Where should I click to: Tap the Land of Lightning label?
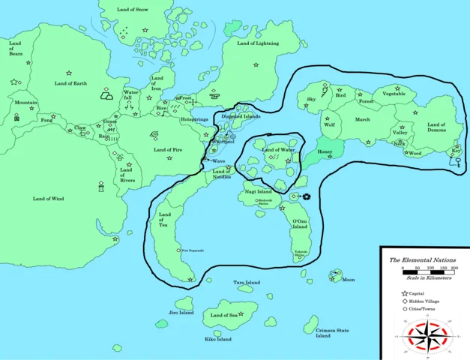[x=257, y=44]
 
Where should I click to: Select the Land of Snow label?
[x=133, y=10]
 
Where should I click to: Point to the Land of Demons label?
[x=436, y=128]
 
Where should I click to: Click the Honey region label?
[x=325, y=152]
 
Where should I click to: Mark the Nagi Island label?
[x=258, y=192]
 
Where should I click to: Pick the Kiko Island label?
[x=218, y=339]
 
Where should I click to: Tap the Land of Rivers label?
[x=126, y=175]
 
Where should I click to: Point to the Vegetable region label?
[x=393, y=94]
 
